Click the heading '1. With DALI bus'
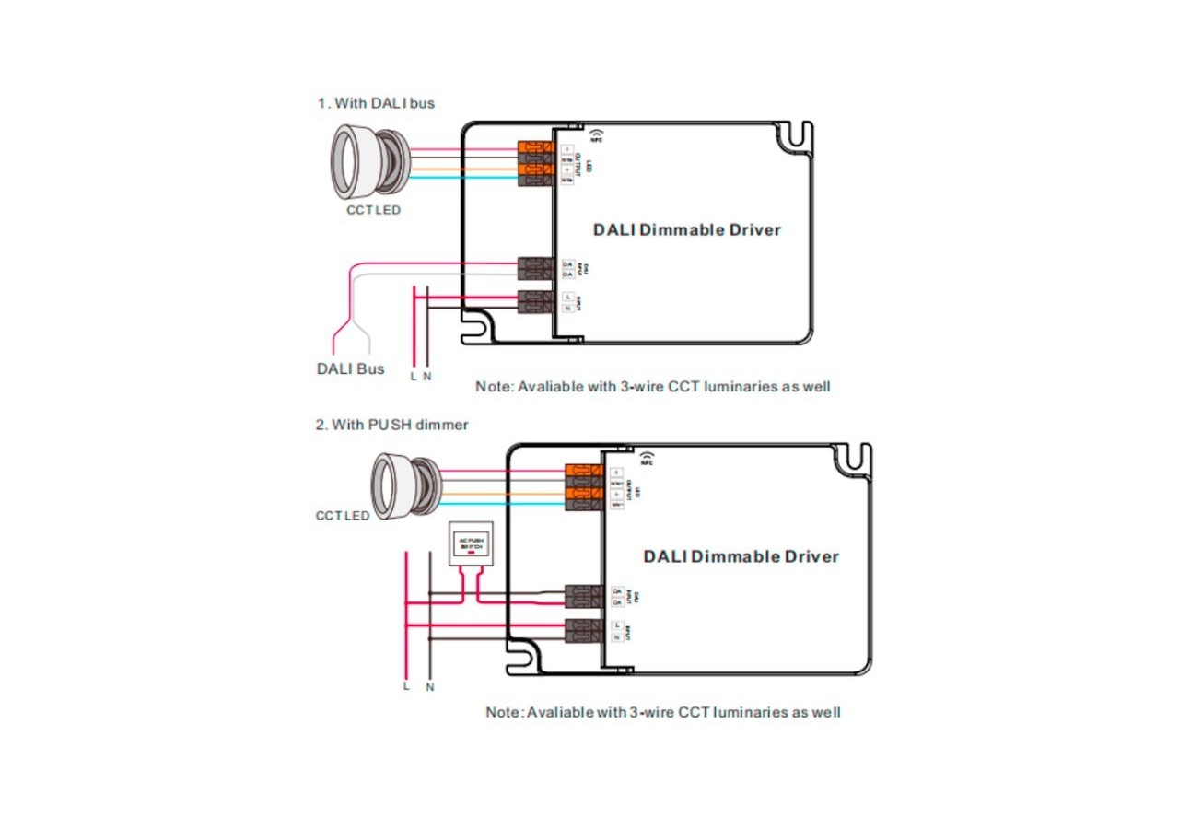(376, 103)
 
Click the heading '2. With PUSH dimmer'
(392, 425)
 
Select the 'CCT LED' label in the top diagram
(374, 210)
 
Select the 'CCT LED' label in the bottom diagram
(343, 516)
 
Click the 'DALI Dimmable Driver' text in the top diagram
(686, 229)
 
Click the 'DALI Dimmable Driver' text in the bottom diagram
(741, 556)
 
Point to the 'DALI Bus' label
(350, 369)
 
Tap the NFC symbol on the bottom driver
(646, 459)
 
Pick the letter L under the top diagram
(414, 376)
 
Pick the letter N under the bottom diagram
(429, 687)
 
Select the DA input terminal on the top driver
(535, 268)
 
